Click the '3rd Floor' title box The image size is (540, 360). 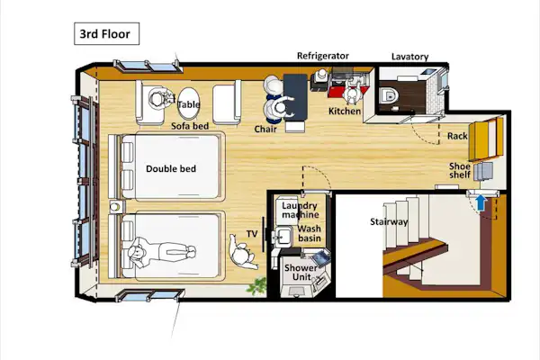click(107, 34)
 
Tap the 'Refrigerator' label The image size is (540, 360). click(323, 56)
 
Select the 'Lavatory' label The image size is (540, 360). click(409, 57)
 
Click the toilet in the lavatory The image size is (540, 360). click(388, 95)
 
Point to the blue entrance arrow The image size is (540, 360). click(481, 203)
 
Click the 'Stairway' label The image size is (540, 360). click(389, 221)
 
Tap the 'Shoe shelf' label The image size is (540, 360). click(460, 170)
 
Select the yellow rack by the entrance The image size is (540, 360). click(486, 139)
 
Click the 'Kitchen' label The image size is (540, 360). click(345, 112)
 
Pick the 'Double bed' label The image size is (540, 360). click(171, 169)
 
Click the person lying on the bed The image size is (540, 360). click(162, 253)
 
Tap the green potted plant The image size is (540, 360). click(256, 285)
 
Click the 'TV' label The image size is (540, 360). click(252, 234)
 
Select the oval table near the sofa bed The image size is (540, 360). click(188, 104)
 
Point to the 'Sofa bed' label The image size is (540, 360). click(190, 126)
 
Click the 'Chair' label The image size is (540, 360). click(265, 130)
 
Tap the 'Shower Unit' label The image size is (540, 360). click(301, 272)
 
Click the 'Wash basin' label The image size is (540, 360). click(310, 233)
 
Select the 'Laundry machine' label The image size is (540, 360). click(300, 210)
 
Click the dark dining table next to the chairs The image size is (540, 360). click(295, 97)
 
